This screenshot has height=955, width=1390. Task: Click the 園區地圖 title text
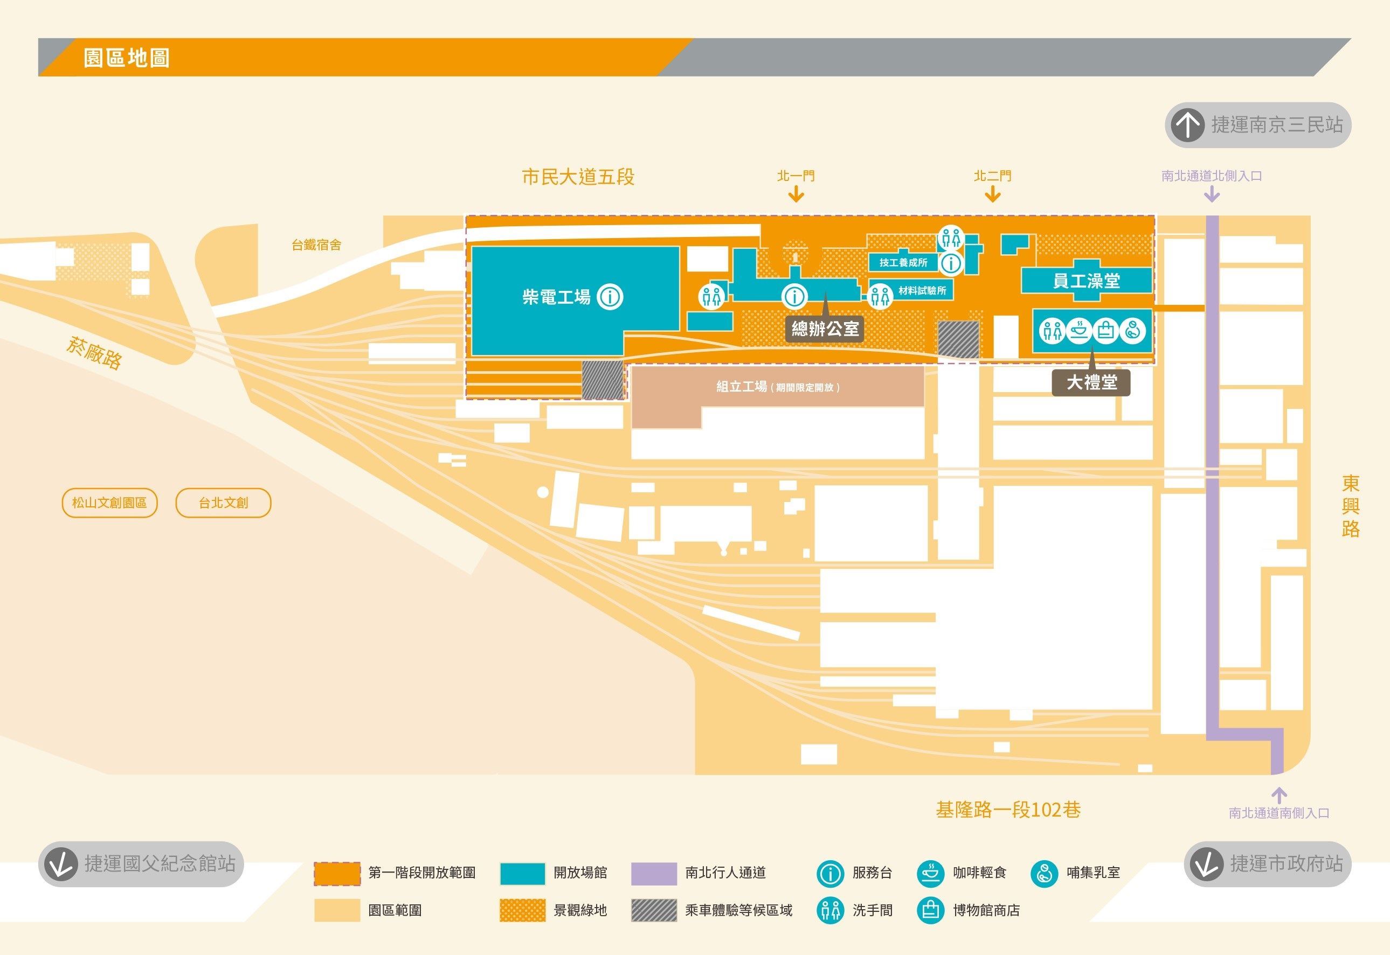[126, 58]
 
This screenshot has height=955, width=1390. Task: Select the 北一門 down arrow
[796, 194]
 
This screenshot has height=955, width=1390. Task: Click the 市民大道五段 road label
[578, 177]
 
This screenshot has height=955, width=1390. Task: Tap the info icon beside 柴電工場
[611, 296]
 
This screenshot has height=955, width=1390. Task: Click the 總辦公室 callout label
[825, 329]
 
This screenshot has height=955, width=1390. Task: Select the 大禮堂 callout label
[1091, 382]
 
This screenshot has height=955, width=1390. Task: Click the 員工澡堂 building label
[1086, 281]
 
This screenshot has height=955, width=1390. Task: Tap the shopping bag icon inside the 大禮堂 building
[1105, 330]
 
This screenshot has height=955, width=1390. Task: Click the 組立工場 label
[778, 387]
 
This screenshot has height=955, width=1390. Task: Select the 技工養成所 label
[903, 262]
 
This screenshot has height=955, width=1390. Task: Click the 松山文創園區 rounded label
[109, 503]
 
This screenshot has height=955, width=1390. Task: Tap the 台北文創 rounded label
[223, 503]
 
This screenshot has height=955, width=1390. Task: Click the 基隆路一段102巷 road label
[1008, 810]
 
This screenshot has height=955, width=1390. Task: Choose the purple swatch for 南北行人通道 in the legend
[654, 873]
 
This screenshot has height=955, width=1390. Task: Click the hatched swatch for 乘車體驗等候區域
[654, 910]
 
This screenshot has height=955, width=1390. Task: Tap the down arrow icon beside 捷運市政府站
[1206, 864]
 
